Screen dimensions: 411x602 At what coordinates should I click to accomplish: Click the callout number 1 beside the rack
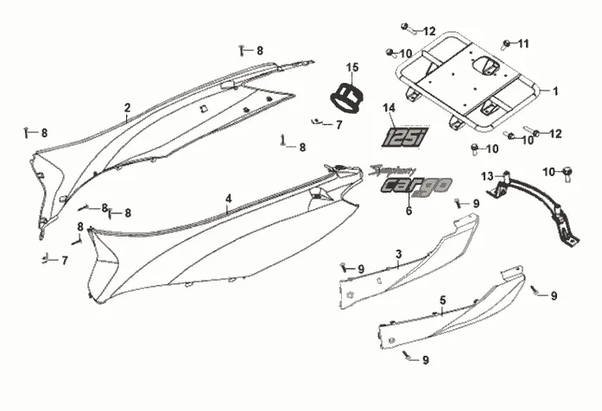[x=556, y=91]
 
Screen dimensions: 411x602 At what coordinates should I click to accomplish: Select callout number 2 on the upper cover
[x=127, y=108]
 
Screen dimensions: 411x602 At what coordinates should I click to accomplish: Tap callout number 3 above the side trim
[x=398, y=253]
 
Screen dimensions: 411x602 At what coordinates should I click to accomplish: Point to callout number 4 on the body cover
[x=228, y=199]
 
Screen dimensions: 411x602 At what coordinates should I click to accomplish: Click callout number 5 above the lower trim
[x=443, y=300]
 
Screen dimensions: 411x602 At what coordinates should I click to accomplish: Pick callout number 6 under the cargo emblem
[x=409, y=210]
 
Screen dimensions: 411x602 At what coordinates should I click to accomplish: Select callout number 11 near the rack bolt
[x=523, y=43]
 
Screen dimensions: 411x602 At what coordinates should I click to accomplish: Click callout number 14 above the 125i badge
[x=390, y=108]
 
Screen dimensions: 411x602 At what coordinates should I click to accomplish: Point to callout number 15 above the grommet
[x=352, y=67]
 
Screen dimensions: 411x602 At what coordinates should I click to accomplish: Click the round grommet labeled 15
[x=348, y=96]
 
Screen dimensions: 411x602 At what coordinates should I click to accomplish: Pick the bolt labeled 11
[x=506, y=42]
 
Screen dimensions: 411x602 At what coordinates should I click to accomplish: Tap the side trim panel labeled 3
[x=406, y=268]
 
